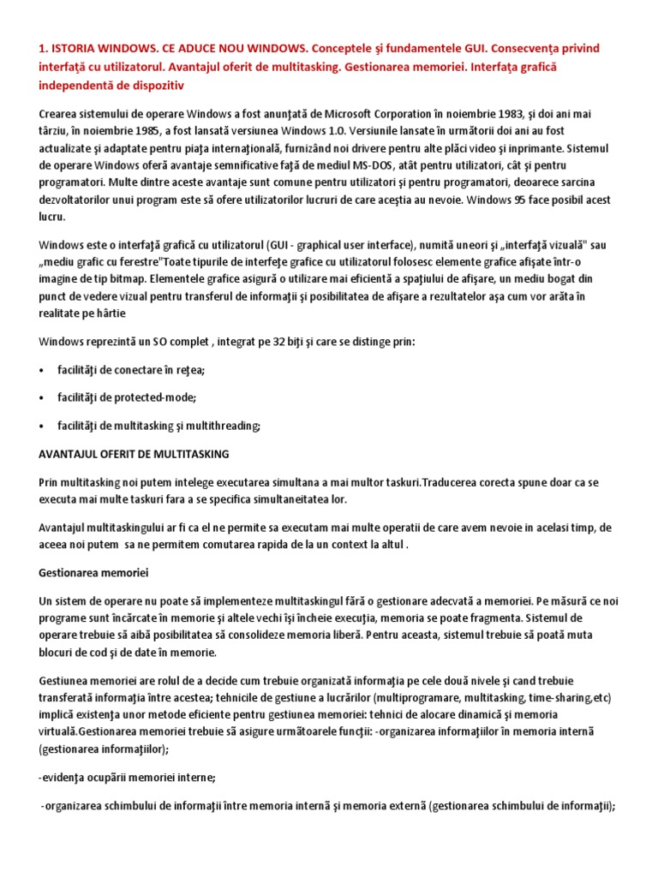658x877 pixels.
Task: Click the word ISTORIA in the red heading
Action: coord(75,48)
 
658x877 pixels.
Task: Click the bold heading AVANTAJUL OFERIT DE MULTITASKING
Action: coord(134,453)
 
